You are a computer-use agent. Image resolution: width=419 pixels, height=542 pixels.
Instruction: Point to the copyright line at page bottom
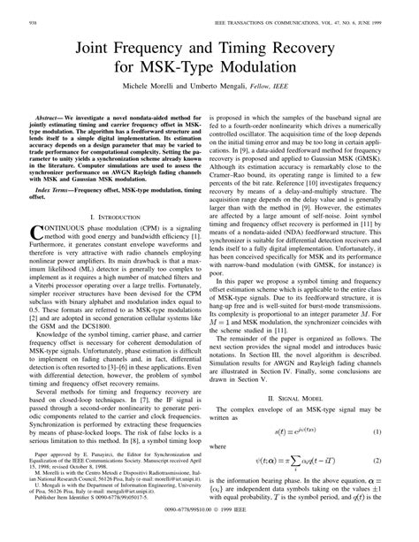coord(209,535)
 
